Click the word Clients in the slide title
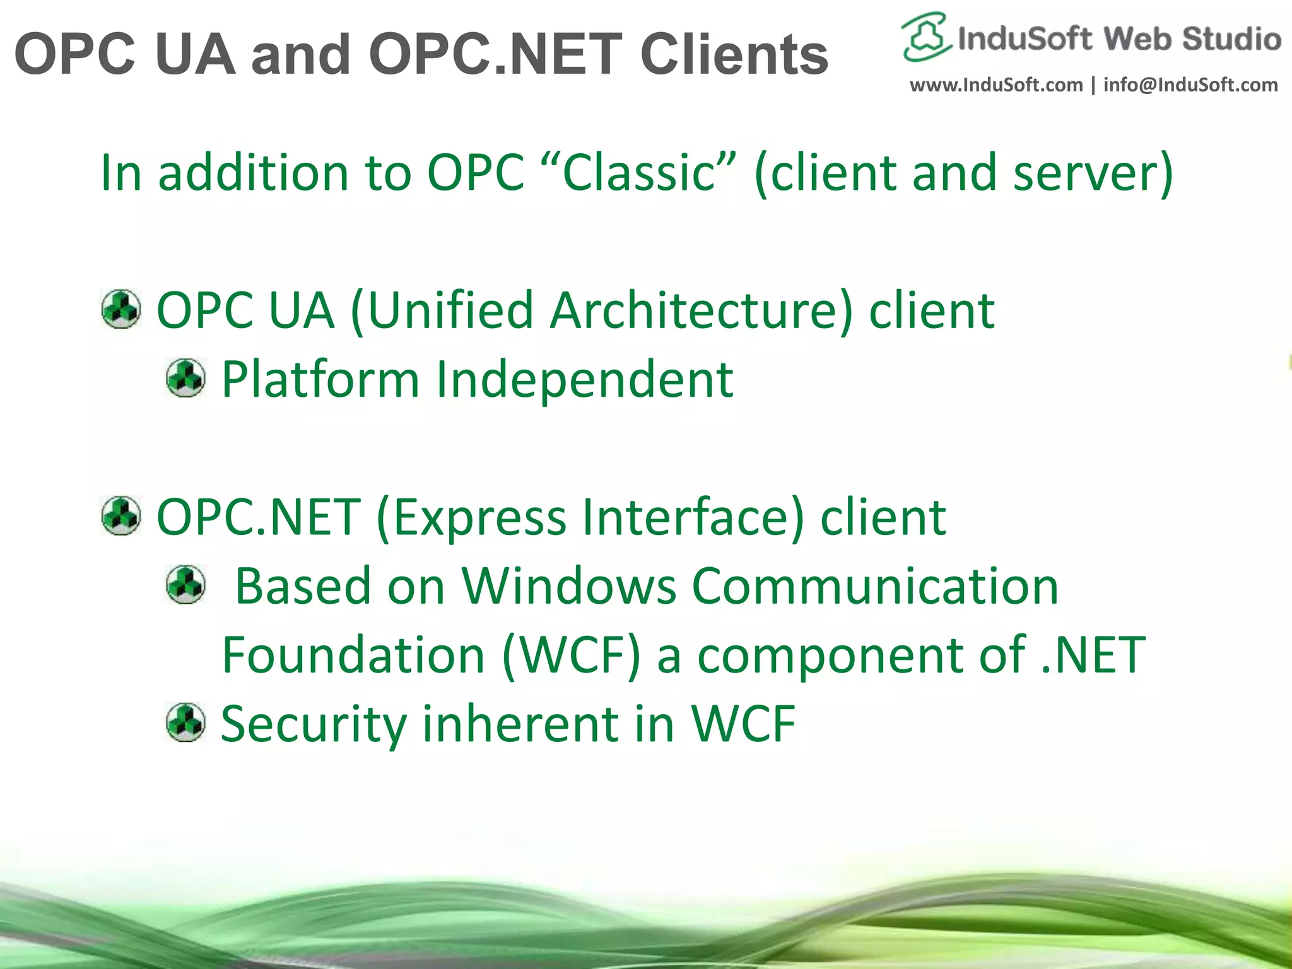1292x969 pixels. click(x=734, y=55)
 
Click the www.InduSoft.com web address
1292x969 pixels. click(x=995, y=85)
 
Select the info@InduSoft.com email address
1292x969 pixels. click(x=1190, y=85)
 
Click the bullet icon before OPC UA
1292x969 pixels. click(x=121, y=309)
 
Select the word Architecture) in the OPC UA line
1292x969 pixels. click(x=701, y=310)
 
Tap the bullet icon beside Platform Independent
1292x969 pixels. click(x=185, y=378)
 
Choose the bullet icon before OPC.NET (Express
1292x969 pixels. click(x=121, y=515)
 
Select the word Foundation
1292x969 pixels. click(x=353, y=655)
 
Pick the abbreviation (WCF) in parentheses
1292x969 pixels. click(x=572, y=656)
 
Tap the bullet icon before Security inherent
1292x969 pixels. click(x=185, y=722)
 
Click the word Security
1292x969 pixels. click(x=314, y=724)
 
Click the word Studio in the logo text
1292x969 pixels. click(x=1231, y=39)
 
